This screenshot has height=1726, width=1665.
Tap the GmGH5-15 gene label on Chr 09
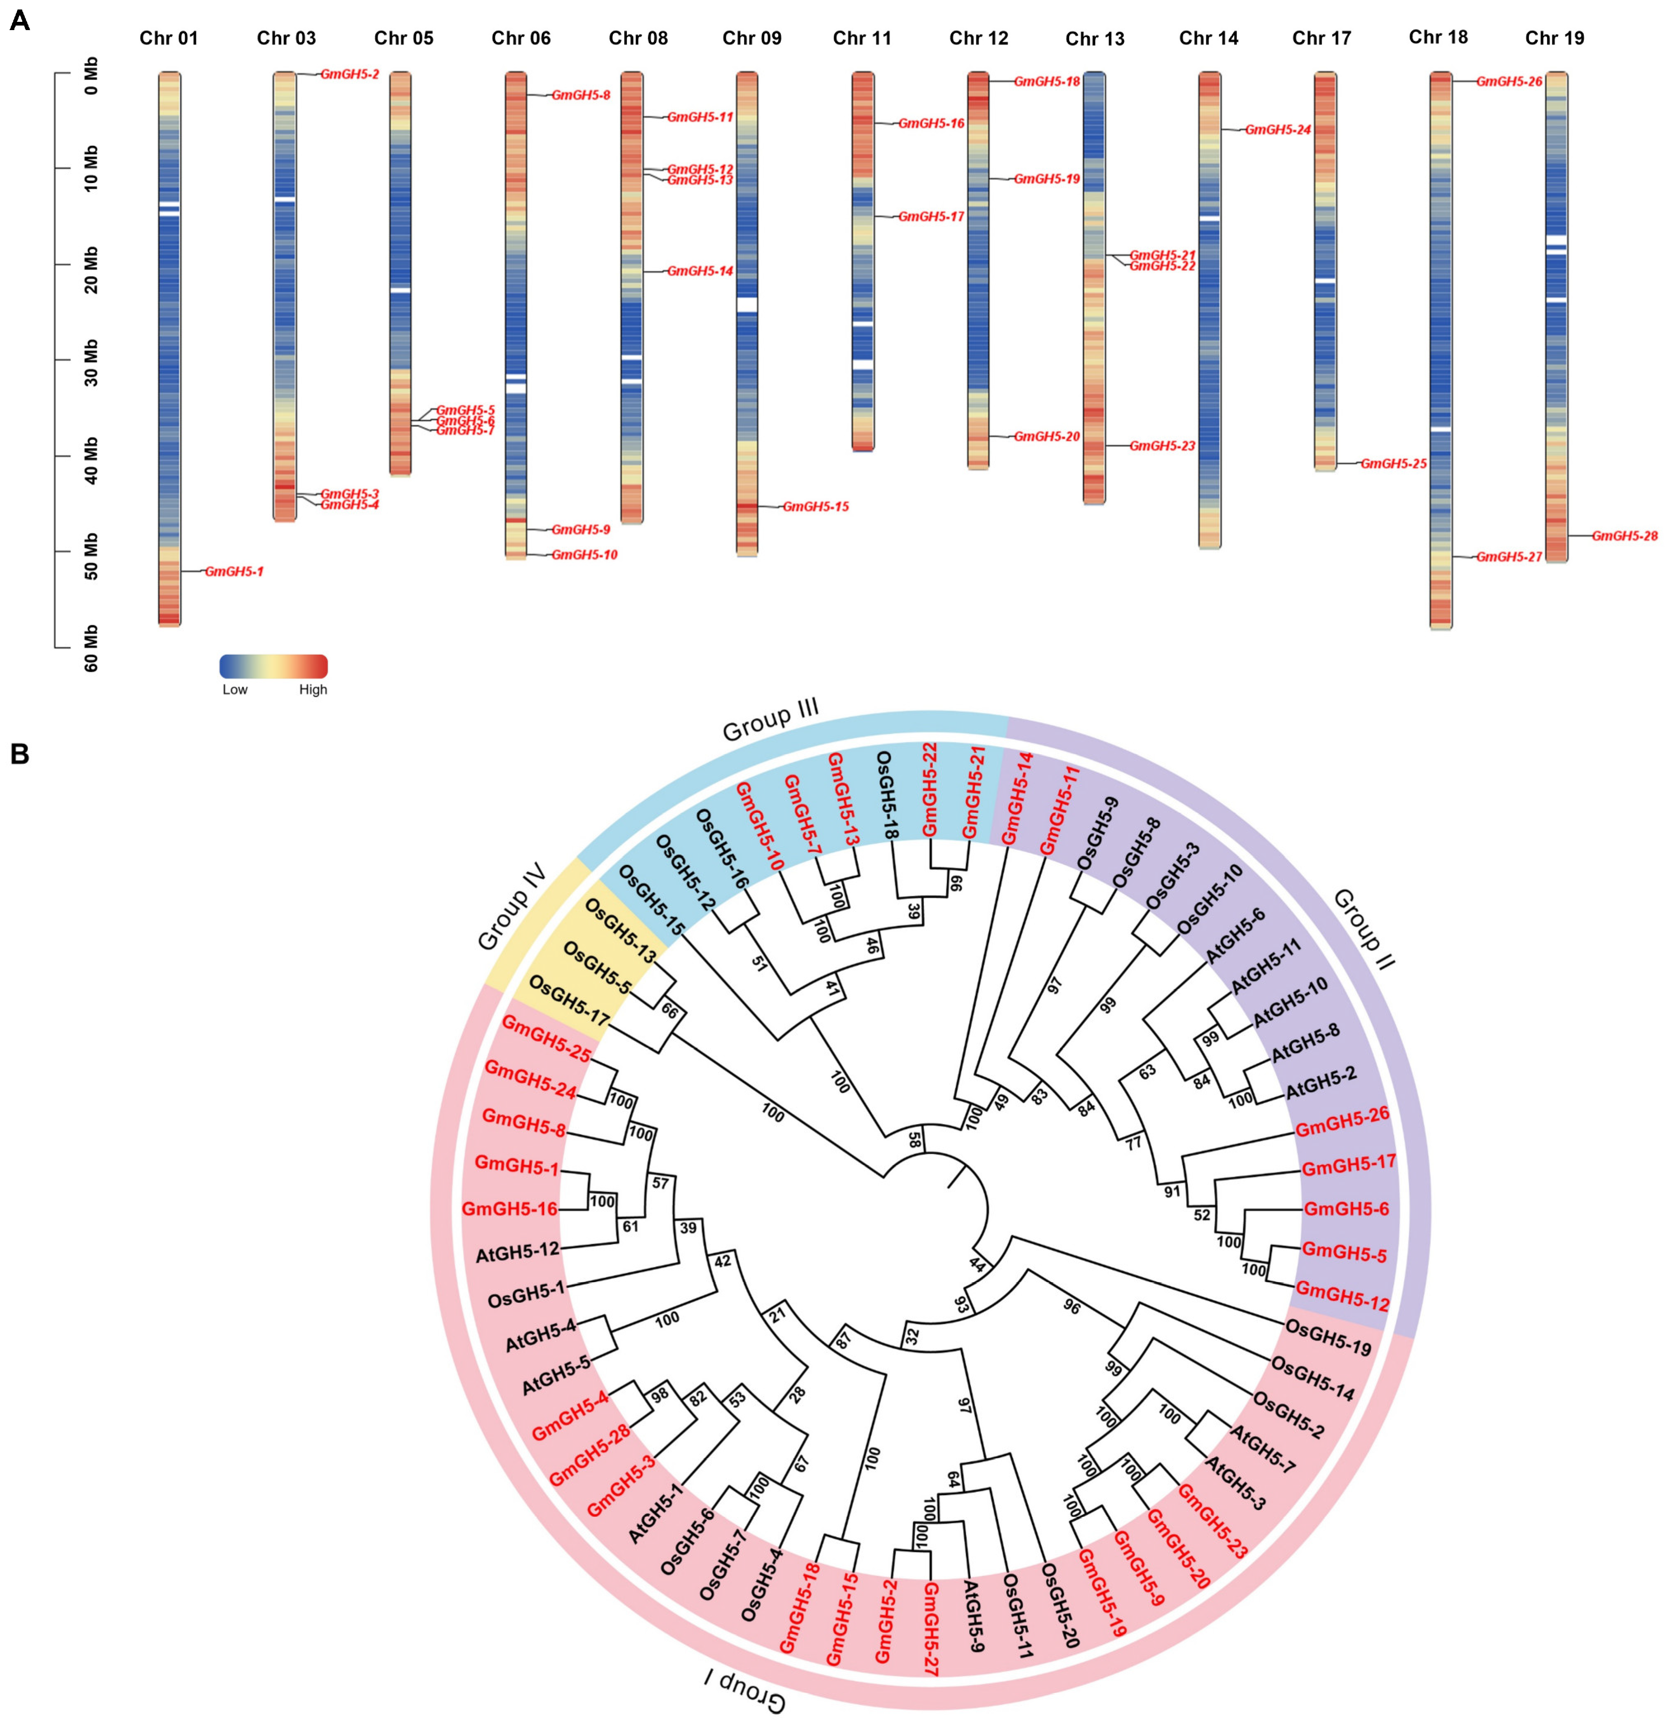(x=816, y=507)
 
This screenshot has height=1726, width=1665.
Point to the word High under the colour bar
(x=313, y=690)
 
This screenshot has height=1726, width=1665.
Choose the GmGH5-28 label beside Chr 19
(x=1625, y=535)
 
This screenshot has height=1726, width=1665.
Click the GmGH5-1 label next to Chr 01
(x=234, y=571)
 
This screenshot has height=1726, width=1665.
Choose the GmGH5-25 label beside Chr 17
(x=1394, y=463)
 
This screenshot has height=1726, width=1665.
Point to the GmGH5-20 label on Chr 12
(x=1047, y=436)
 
